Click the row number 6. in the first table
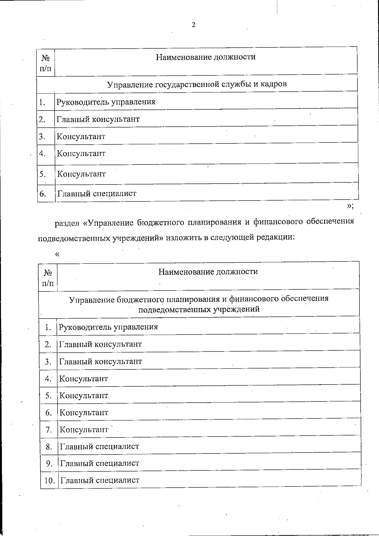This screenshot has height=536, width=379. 43,194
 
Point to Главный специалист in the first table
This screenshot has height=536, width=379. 97,193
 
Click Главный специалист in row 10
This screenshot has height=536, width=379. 99,480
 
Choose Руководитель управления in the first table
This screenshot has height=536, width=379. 106,102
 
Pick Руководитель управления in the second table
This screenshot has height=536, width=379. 108,327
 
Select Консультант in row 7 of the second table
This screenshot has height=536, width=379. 84,430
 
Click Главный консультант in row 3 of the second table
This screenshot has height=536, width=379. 100,361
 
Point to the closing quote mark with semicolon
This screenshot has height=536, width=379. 350,206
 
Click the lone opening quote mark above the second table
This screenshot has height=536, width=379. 57,255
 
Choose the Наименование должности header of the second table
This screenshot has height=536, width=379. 208,272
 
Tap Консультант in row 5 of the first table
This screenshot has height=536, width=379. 81,174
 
